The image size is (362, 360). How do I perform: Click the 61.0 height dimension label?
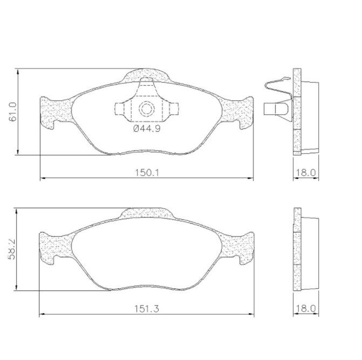point(12,112)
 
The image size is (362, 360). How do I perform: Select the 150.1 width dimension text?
point(147,173)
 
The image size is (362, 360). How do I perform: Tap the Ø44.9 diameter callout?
point(147,128)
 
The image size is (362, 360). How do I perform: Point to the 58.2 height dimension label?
point(11,249)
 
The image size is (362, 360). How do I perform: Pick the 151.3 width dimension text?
point(147,309)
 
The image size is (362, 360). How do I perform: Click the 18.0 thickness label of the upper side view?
point(305,173)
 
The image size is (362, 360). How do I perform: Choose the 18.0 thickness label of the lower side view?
point(305,309)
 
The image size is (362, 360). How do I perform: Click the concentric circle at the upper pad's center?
point(146,109)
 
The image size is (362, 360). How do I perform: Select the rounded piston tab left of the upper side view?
point(276,109)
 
